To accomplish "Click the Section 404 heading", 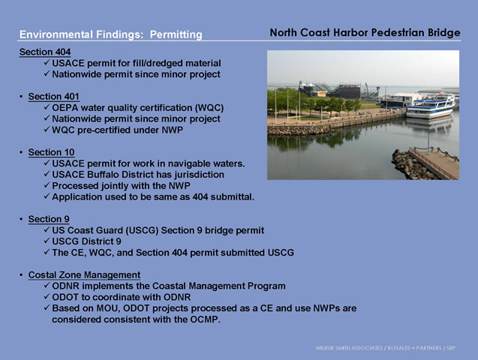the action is [x=45, y=52].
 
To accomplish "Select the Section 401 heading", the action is [x=54, y=97].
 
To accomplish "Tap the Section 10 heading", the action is [x=51, y=152].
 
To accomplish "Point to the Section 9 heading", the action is [x=49, y=219].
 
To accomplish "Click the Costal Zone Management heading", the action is [x=84, y=274].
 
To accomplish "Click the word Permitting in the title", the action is [x=176, y=34].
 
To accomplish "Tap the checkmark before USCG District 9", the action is [x=47, y=241].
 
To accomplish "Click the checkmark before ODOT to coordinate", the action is [x=47, y=296].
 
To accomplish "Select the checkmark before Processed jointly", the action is [x=47, y=184].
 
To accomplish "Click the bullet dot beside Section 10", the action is [x=21, y=152].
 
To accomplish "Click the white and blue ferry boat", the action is [x=431, y=106].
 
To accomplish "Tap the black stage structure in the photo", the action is [x=345, y=91].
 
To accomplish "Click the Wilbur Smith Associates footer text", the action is [x=386, y=348].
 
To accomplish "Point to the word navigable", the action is [x=188, y=163].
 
